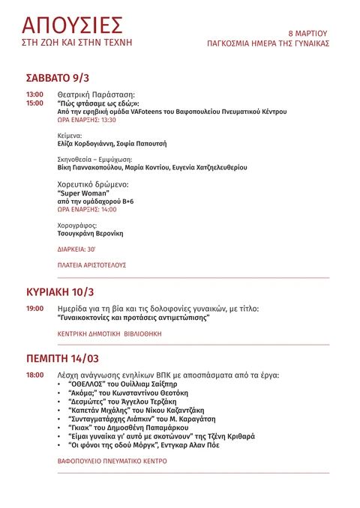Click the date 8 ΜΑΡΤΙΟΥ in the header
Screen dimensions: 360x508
coord(308,34)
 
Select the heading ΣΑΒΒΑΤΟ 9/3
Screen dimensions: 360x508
coord(58,77)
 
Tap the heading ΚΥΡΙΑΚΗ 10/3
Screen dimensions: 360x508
coord(60,291)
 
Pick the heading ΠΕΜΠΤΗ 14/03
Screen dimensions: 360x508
coord(62,357)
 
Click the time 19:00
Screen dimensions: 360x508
coord(34,309)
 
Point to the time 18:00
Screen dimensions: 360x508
coord(34,375)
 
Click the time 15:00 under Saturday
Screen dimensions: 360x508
coord(34,103)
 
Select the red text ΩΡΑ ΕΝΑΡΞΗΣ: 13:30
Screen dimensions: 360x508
coord(87,119)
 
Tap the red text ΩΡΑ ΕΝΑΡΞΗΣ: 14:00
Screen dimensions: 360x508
coord(87,210)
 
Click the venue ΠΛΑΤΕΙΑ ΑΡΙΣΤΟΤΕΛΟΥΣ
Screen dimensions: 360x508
coord(91,265)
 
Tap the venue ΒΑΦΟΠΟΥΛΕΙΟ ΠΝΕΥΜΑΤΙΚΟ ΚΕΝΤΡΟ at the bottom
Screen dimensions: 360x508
coord(112,462)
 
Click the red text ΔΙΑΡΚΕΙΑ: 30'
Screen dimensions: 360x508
coord(76,249)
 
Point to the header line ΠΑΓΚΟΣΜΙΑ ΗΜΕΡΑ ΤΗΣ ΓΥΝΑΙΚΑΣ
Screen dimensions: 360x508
coord(268,43)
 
